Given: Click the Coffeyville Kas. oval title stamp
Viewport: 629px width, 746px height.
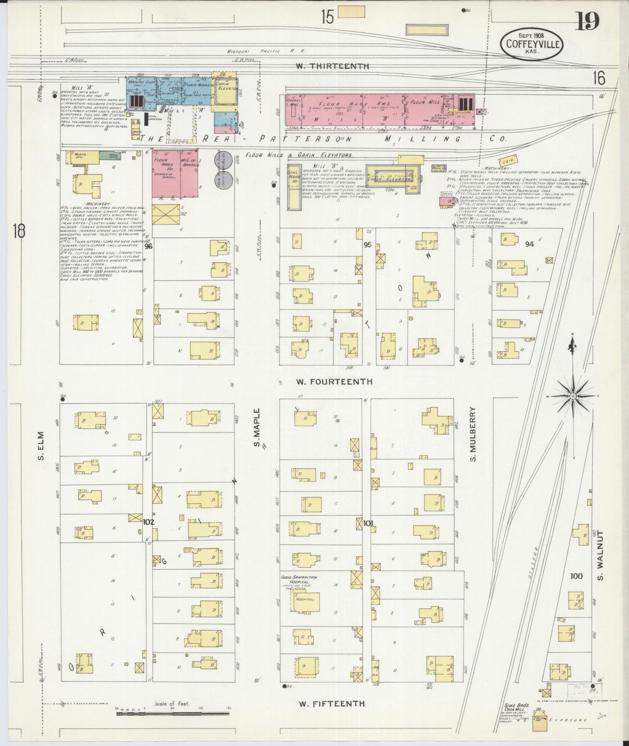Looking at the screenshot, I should [532, 44].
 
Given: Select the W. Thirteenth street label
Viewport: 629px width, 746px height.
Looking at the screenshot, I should [332, 66].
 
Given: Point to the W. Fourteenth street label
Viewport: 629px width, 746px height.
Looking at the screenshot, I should [334, 382].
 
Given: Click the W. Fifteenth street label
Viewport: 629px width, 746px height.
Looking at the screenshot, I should [332, 703].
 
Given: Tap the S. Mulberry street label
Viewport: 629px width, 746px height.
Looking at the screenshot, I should [473, 434].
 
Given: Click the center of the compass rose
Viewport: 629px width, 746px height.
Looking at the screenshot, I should [573, 396].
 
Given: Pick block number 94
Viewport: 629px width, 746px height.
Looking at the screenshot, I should [530, 245].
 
